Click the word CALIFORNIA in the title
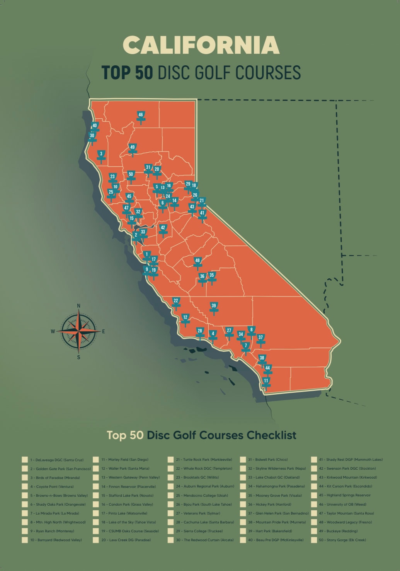point(201,45)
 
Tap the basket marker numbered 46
point(141,116)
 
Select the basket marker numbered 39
point(214,307)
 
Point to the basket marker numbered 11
point(266,382)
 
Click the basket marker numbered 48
point(197,262)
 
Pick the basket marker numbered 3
point(101,155)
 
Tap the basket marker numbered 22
point(176,302)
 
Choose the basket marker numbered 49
point(133,148)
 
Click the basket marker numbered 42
point(163,229)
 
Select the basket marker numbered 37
point(260,339)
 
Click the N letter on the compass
point(79,306)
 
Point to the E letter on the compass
point(103,331)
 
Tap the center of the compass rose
point(79,331)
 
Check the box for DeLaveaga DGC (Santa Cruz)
point(25,460)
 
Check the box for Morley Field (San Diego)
point(96,460)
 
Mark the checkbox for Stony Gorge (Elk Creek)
point(313,540)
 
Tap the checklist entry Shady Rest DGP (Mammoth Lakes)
point(351,460)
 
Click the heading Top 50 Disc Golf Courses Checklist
point(201,435)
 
